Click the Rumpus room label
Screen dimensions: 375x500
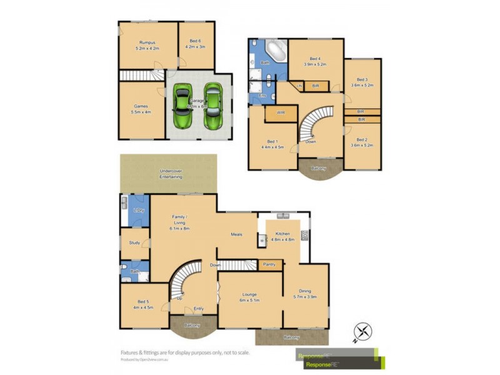coord(147,42)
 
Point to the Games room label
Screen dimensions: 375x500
coord(141,106)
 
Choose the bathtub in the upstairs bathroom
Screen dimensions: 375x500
coord(276,49)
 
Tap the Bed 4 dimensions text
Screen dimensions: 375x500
coord(316,64)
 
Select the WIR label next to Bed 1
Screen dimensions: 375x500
coord(281,112)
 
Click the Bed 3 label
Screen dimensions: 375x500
coord(362,79)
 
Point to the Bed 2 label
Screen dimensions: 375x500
coord(362,139)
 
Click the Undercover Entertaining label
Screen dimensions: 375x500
coord(171,174)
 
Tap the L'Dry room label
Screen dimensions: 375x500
coord(138,211)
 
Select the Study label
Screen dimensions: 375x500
coord(134,242)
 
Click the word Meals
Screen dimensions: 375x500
coord(236,234)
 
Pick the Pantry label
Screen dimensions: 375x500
coord(270,264)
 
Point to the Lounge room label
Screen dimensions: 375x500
coord(250,294)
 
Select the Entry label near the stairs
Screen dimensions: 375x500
coord(199,308)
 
